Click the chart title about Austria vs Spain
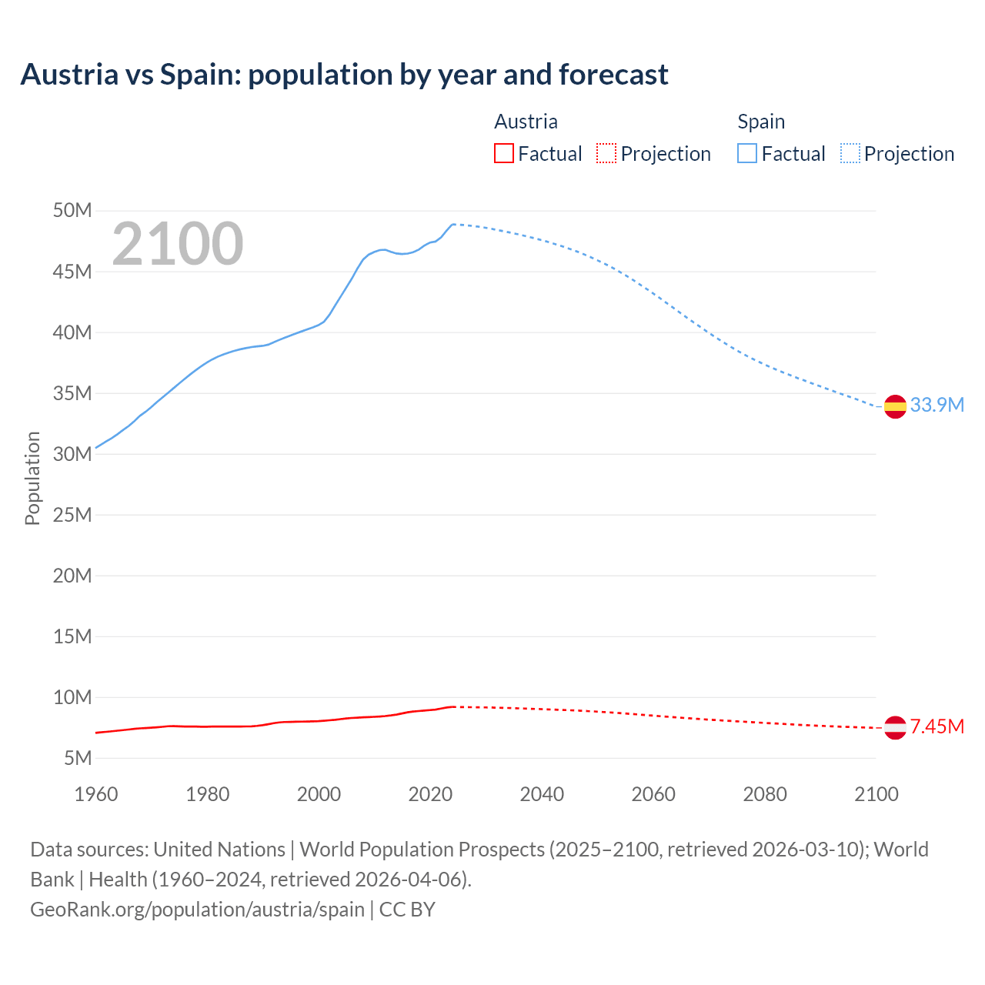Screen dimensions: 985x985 coord(344,75)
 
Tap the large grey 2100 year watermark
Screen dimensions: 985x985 coord(178,244)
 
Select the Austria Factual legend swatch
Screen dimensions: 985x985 coord(503,154)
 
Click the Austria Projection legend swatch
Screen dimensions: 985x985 coord(606,154)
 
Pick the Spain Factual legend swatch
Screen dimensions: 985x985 coord(746,154)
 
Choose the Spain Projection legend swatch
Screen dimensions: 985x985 coord(850,154)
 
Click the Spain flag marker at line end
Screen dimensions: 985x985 coord(895,406)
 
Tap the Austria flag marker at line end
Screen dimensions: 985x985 coord(895,727)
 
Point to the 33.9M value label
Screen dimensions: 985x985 coord(937,405)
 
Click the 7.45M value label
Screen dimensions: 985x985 coord(937,726)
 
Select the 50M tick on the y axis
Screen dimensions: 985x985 coord(72,211)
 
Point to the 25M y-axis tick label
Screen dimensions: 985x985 coord(72,515)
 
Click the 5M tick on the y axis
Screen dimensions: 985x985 coord(78,758)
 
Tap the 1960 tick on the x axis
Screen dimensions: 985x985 coord(96,794)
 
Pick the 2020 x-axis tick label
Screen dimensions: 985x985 coord(430,794)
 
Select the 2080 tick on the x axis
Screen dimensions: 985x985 coord(765,794)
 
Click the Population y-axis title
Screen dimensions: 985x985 coord(32,478)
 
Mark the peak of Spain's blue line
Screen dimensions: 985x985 coord(453,224)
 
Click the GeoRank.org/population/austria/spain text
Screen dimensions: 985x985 coord(197,910)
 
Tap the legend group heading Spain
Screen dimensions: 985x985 coord(761,122)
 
